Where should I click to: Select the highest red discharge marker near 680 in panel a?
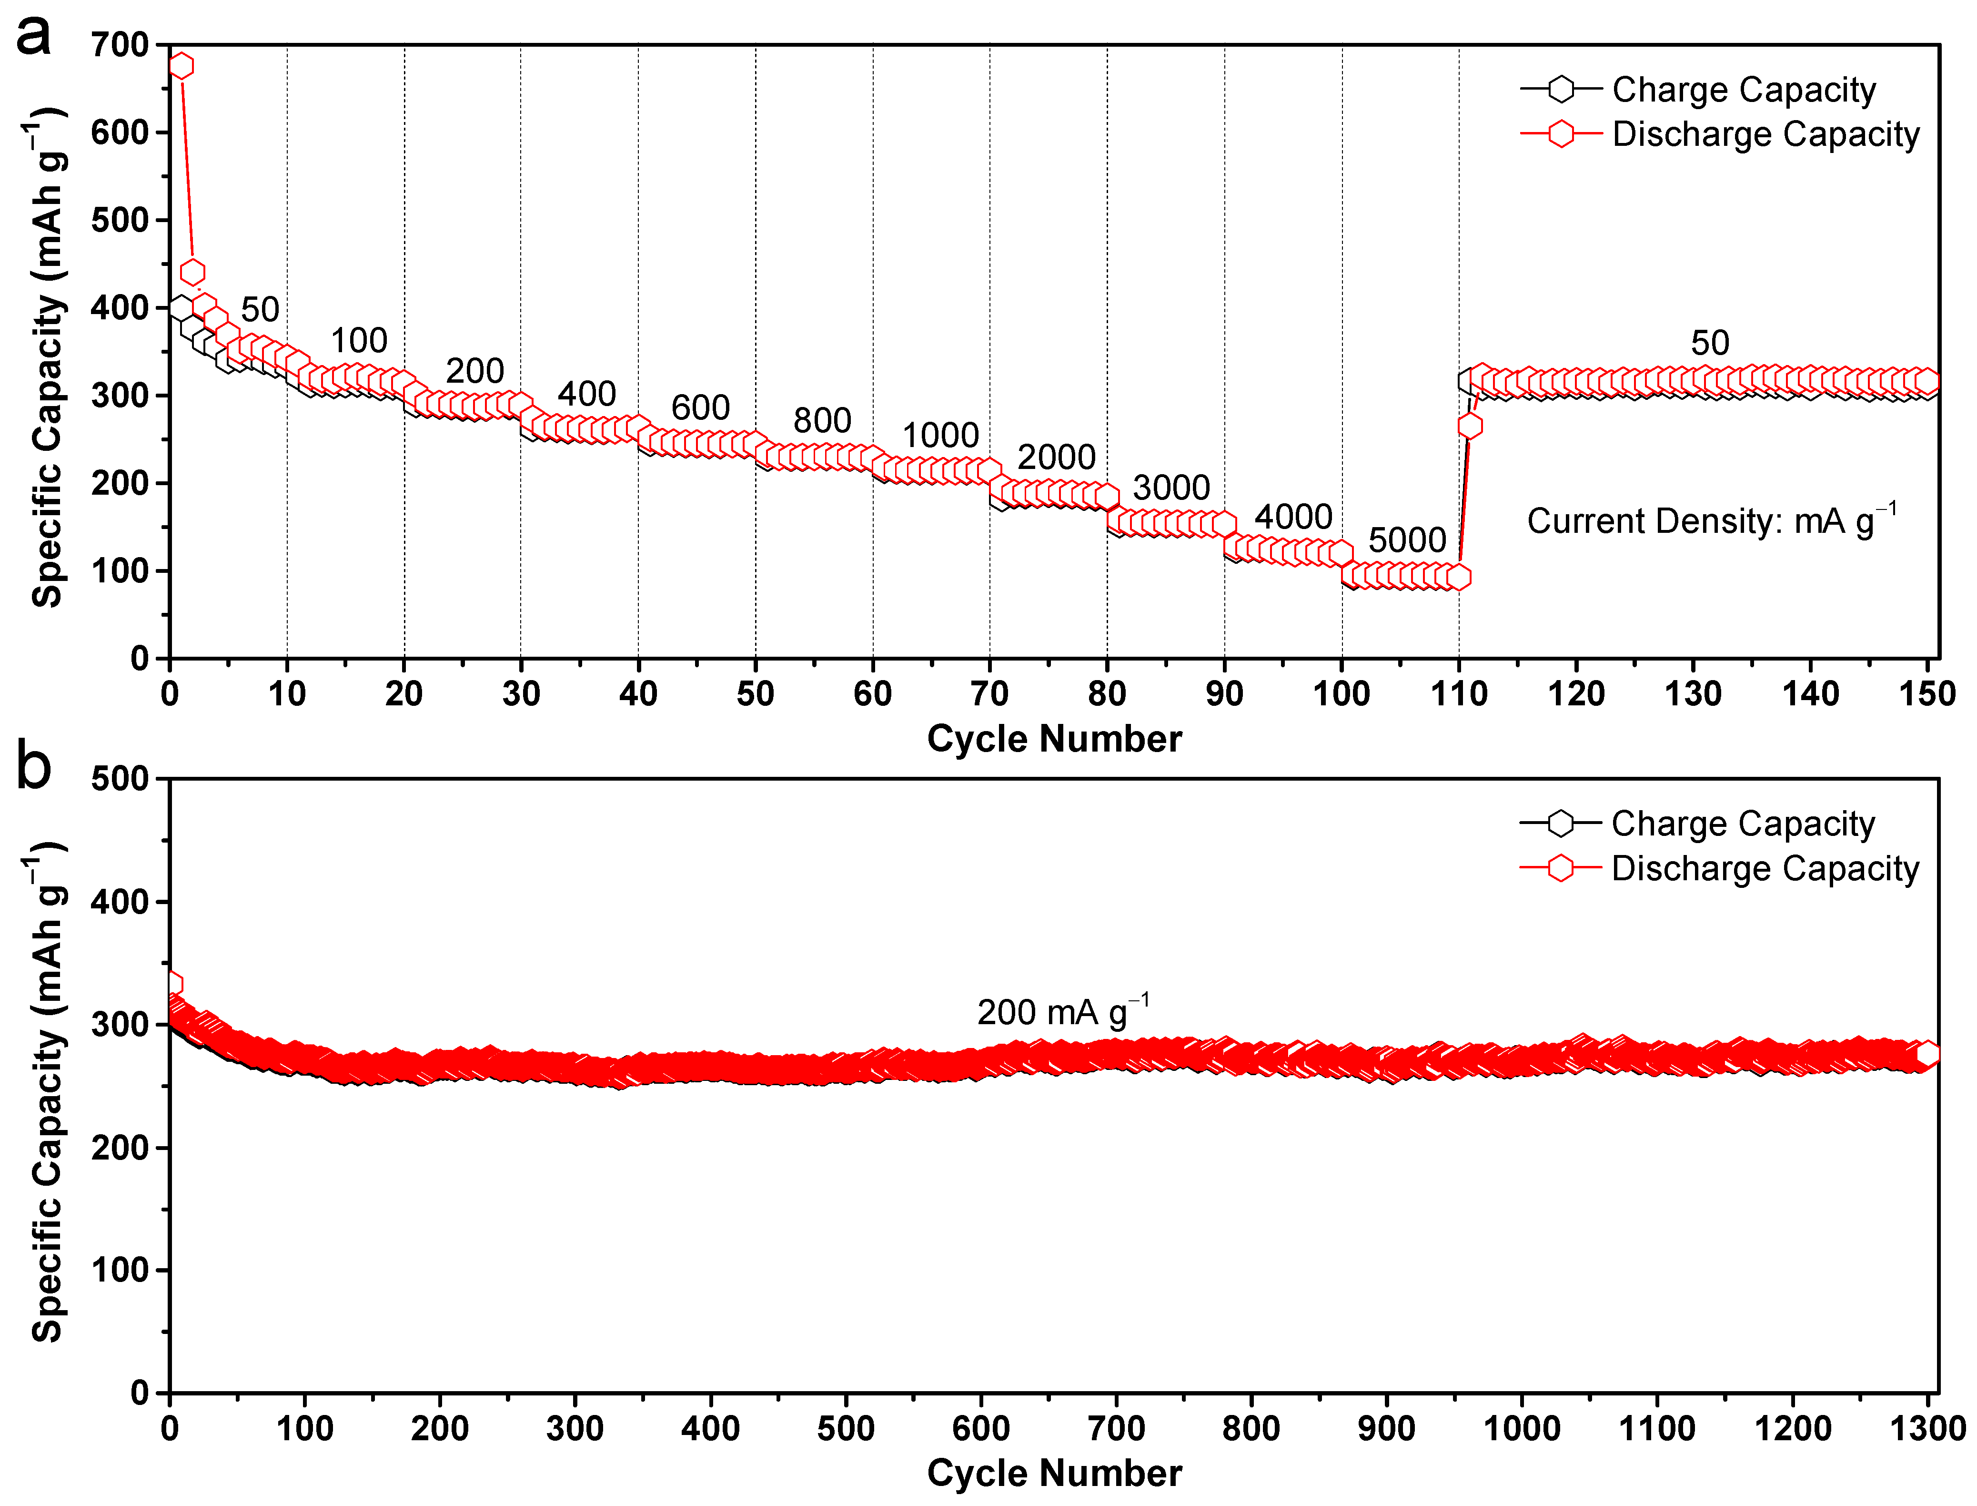pyautogui.click(x=181, y=65)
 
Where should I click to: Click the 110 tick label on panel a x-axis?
pyautogui.click(x=1458, y=694)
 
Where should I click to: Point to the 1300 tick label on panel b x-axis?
pyautogui.click(x=1927, y=1428)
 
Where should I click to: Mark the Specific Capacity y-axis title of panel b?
pyautogui.click(x=47, y=1092)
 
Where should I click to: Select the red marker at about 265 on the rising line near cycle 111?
pyautogui.click(x=1470, y=426)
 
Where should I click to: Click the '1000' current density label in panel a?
pyautogui.click(x=939, y=436)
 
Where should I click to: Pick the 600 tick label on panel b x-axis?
pyautogui.click(x=980, y=1428)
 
